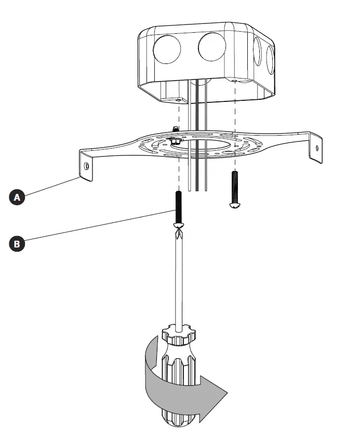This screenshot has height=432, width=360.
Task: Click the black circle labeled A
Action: click(18, 198)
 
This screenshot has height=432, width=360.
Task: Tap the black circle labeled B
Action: click(18, 243)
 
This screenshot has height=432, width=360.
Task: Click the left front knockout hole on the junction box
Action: click(167, 49)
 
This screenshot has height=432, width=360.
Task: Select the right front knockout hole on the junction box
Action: click(212, 47)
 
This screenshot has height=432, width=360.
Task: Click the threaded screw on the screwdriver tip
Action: click(178, 207)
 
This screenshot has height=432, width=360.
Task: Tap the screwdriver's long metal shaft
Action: click(179, 281)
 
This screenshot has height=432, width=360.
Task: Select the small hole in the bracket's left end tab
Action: click(87, 166)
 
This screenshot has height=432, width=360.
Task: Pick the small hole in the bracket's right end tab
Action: click(318, 147)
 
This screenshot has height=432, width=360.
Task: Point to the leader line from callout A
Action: click(52, 188)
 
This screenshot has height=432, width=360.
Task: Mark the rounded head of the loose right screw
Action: click(235, 205)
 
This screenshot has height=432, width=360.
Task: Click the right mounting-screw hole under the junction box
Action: click(235, 82)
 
